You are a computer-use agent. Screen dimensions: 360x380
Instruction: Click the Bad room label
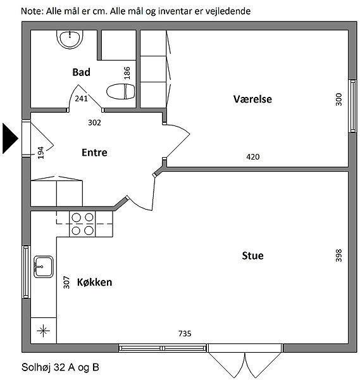(82, 72)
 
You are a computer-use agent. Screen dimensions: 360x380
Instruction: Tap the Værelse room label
(252, 99)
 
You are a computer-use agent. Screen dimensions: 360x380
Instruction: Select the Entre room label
(94, 153)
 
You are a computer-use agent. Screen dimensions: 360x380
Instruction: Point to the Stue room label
(252, 256)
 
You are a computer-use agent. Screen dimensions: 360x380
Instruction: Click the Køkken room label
(95, 282)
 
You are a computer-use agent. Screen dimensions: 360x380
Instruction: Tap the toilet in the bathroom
(121, 91)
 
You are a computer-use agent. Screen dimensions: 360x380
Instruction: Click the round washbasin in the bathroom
(70, 39)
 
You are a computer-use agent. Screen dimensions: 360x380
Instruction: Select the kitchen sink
(43, 267)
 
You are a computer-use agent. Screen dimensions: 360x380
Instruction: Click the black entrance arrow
(10, 138)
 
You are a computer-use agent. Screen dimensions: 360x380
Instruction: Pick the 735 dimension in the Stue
(185, 334)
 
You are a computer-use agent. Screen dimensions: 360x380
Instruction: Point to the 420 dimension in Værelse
(252, 157)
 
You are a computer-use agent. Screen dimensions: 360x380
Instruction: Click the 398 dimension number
(338, 255)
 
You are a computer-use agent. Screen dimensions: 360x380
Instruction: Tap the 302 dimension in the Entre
(94, 123)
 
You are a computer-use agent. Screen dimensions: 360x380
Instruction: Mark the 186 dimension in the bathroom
(127, 73)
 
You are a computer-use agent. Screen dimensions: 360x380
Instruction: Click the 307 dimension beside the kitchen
(66, 282)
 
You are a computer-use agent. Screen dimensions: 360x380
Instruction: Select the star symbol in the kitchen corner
(44, 331)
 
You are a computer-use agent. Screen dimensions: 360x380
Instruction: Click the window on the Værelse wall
(353, 106)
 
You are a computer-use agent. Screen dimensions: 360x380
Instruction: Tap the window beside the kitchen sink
(26, 272)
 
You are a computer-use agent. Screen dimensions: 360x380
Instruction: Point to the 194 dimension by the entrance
(40, 153)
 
